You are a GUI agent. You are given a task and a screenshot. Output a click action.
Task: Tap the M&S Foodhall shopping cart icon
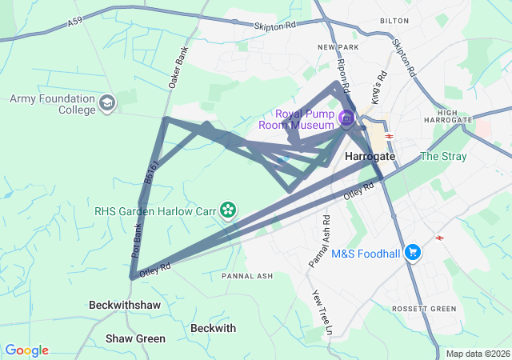click(x=413, y=253)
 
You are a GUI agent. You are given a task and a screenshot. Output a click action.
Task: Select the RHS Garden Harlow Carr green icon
click(x=228, y=210)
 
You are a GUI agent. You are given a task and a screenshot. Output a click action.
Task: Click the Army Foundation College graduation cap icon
click(x=107, y=103)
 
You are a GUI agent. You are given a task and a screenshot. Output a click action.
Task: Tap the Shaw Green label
click(x=135, y=338)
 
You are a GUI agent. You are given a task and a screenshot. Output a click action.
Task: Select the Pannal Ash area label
click(x=247, y=276)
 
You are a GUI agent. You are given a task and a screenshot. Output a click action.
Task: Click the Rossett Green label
click(x=424, y=309)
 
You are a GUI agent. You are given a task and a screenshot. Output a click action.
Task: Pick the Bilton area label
click(x=394, y=20)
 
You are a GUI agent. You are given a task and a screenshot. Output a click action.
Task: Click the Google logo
click(x=26, y=350)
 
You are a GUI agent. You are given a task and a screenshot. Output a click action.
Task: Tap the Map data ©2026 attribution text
click(x=477, y=354)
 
